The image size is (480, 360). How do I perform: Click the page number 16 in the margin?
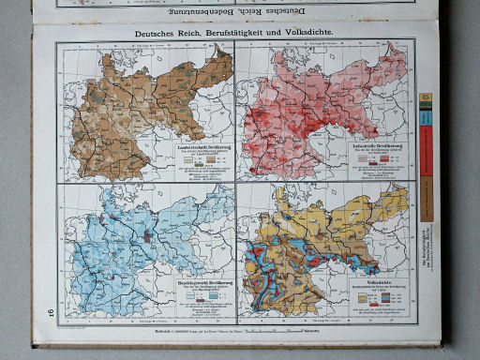(39, 310)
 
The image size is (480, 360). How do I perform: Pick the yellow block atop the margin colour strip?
(426, 98)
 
